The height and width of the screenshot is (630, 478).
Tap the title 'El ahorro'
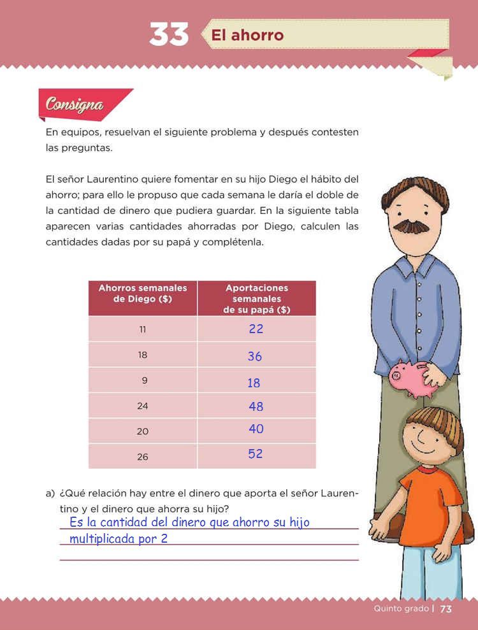pyautogui.click(x=247, y=34)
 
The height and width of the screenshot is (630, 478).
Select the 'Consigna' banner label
pyautogui.click(x=75, y=104)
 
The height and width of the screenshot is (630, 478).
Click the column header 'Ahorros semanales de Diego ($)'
pyautogui.click(x=142, y=293)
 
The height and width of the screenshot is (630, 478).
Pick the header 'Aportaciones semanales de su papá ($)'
pyautogui.click(x=256, y=299)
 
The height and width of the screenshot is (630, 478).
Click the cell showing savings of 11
pyautogui.click(x=142, y=329)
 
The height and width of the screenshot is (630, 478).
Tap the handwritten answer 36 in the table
pyautogui.click(x=255, y=357)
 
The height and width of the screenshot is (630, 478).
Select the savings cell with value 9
pyautogui.click(x=144, y=381)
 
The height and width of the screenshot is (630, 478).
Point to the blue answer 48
pyautogui.click(x=256, y=406)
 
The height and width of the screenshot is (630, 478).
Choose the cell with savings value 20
pyautogui.click(x=142, y=431)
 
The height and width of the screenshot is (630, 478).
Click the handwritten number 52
pyautogui.click(x=255, y=454)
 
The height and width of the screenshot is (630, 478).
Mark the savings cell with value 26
pyautogui.click(x=142, y=457)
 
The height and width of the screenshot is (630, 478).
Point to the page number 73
pyautogui.click(x=445, y=609)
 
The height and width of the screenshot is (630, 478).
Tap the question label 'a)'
pyautogui.click(x=50, y=494)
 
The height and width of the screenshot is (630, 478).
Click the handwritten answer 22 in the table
pyautogui.click(x=256, y=329)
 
